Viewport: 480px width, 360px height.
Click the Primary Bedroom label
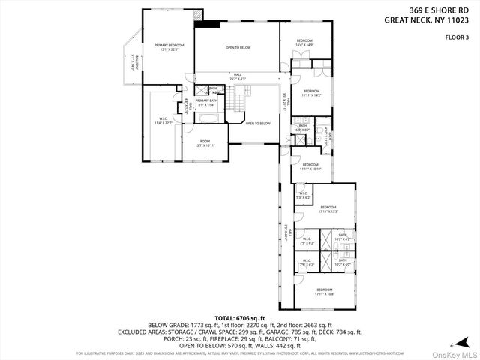tap(169, 48)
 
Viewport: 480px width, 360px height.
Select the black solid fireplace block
tap(207, 23)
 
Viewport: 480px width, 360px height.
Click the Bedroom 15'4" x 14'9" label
tap(304, 43)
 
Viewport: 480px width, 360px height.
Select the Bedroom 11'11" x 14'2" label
tap(311, 93)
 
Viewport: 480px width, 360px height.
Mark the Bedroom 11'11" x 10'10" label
tap(310, 166)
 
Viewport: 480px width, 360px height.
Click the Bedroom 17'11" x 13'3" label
tap(328, 209)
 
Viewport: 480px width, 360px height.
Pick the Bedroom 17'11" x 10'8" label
tap(324, 291)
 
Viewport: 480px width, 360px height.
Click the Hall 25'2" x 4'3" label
tap(237, 76)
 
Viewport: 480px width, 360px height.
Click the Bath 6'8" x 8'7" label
tap(303, 128)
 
